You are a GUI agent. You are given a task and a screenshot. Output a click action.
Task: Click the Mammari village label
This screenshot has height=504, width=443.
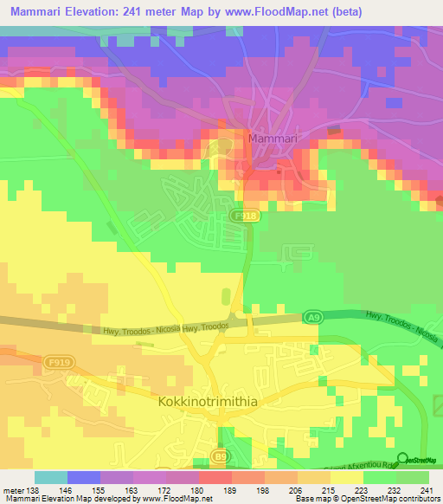point(274,138)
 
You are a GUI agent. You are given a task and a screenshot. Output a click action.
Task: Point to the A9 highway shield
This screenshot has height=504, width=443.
point(312,319)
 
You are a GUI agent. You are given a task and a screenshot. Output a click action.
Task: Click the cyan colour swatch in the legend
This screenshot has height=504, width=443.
point(51,477)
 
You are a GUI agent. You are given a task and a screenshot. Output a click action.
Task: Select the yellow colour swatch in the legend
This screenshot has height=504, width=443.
point(347,477)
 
